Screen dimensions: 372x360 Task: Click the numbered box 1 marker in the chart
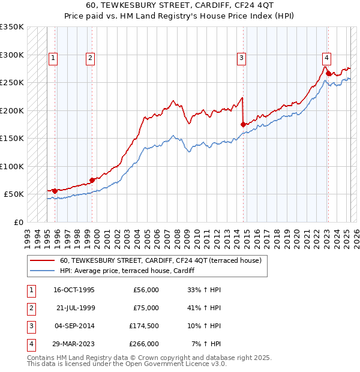click(53, 58)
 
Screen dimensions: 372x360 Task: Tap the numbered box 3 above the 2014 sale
click(241, 58)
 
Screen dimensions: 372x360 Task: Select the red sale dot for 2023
click(328, 74)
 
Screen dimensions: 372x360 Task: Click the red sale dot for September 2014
click(243, 125)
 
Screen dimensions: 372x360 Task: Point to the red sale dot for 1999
click(92, 180)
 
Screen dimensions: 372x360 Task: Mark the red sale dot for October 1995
click(55, 191)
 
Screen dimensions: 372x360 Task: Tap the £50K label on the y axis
click(14, 194)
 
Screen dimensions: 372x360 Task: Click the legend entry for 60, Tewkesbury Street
click(160, 261)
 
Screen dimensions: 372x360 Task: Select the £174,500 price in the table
click(145, 326)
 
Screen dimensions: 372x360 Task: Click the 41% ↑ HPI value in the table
click(205, 308)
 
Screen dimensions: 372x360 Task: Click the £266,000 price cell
click(145, 344)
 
